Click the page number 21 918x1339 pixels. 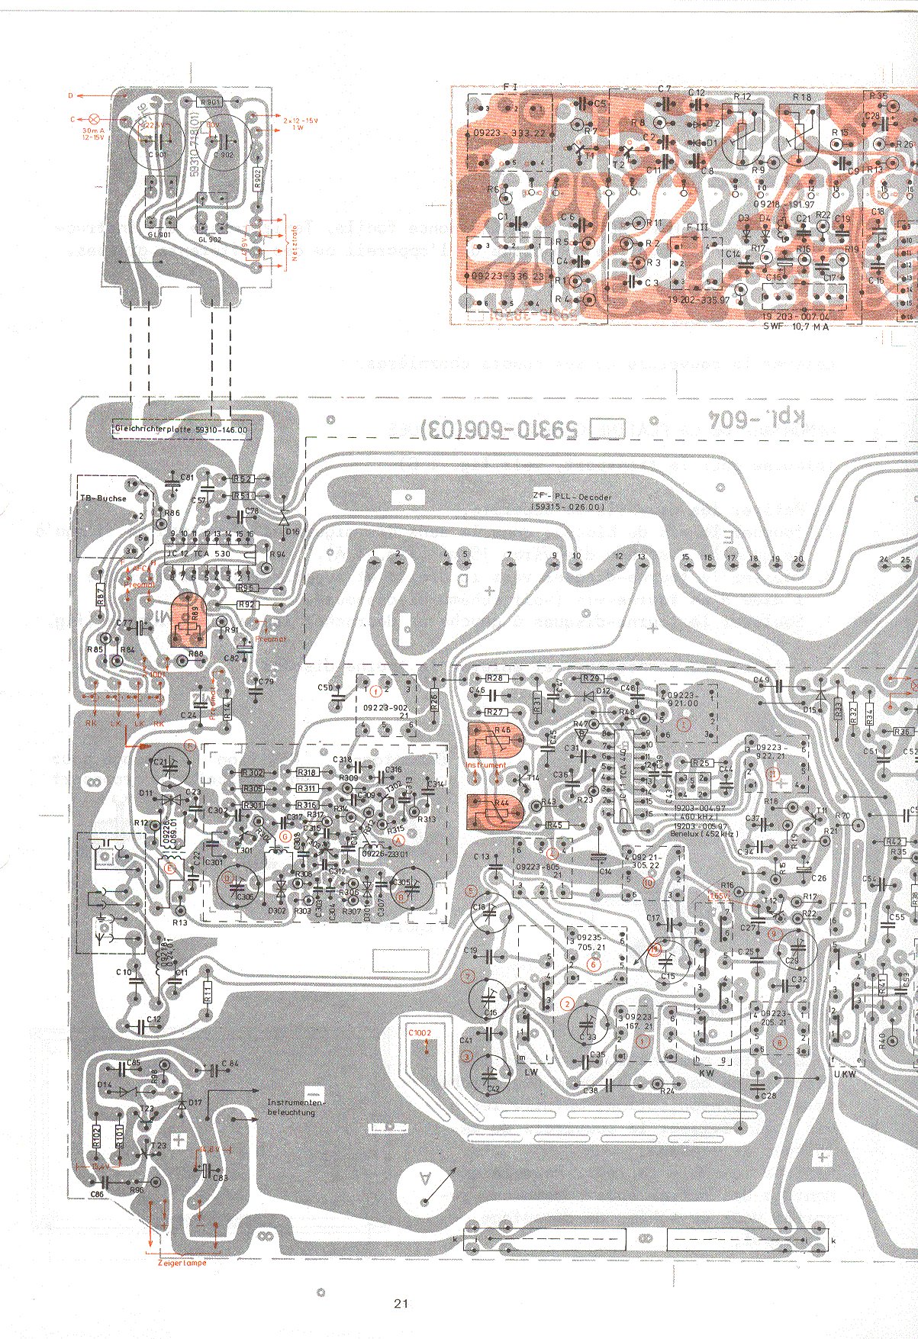point(401,1303)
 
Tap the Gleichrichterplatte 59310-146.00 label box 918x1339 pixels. point(182,430)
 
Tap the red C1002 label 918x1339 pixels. point(420,1033)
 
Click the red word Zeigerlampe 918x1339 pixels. point(182,1262)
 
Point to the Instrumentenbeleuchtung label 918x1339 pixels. point(296,1107)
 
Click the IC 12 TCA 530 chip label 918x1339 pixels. point(211,553)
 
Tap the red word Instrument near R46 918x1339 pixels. point(486,764)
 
